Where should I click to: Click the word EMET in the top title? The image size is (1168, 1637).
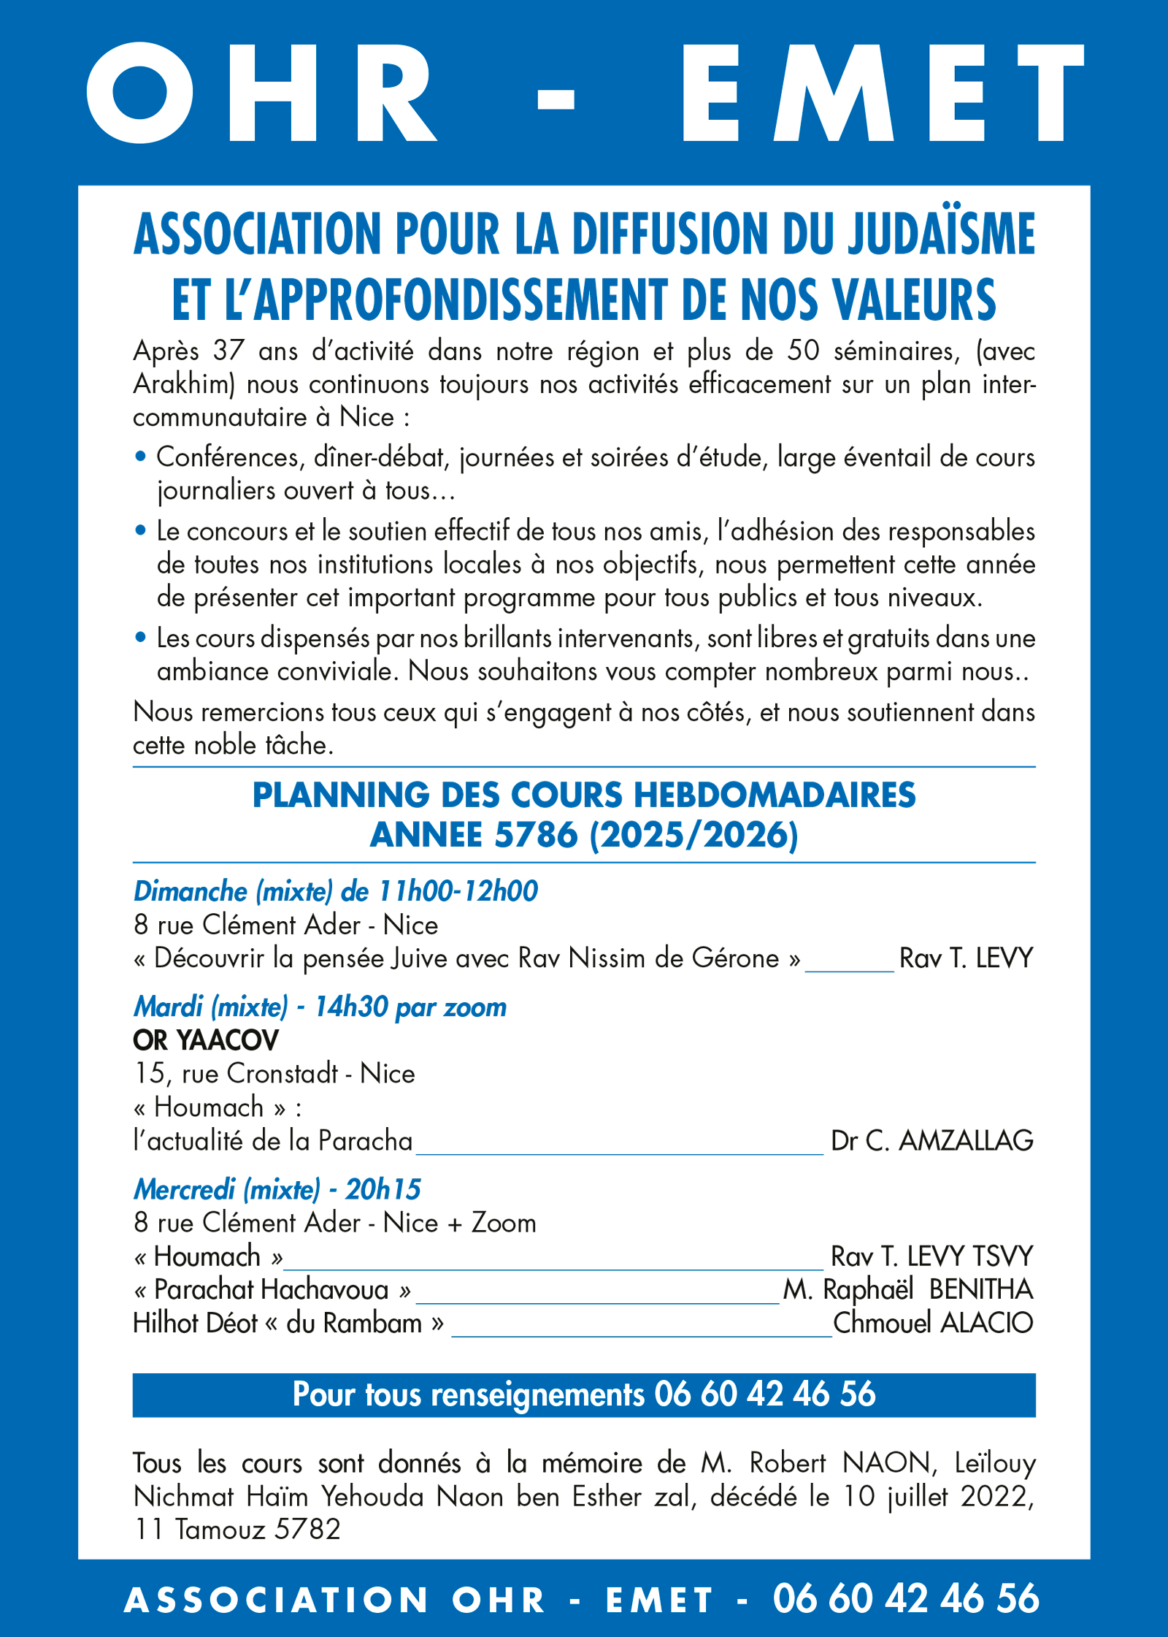coord(883,93)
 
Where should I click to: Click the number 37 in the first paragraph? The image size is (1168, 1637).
coord(228,351)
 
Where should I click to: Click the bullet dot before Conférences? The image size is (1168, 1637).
coord(141,457)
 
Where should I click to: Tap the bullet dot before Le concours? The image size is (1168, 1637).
coord(141,530)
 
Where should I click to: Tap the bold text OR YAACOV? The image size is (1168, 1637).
coord(206,1040)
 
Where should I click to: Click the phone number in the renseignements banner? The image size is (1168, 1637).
coord(764,1394)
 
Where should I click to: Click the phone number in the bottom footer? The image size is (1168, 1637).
coord(906,1598)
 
